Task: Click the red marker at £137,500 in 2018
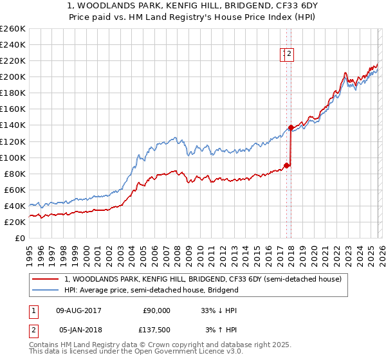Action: pyautogui.click(x=291, y=127)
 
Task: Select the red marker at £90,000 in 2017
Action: pyautogui.click(x=286, y=165)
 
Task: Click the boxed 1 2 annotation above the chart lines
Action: pyautogui.click(x=287, y=55)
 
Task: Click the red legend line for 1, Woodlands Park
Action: pyautogui.click(x=46, y=279)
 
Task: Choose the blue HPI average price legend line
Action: pyautogui.click(x=46, y=290)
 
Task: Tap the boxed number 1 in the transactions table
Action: pyautogui.click(x=32, y=310)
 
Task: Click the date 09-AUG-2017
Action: pyautogui.click(x=79, y=310)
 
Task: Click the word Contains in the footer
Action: pyautogui.click(x=45, y=346)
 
